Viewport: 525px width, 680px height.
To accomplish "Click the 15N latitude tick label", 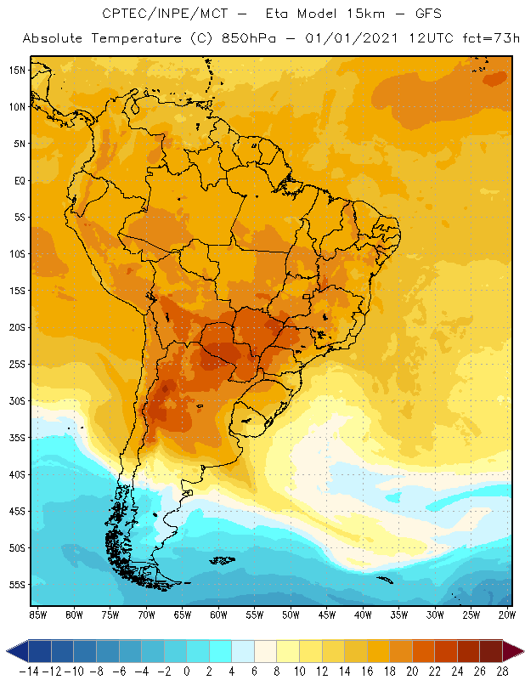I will pyautogui.click(x=17, y=70).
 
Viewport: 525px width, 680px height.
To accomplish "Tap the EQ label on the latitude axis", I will pyautogui.click(x=18, y=180).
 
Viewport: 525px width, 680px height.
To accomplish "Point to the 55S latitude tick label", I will pyautogui.click(x=17, y=585).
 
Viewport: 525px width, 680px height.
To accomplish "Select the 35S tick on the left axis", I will pyautogui.click(x=17, y=438).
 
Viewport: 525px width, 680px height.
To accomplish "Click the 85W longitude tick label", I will pyautogui.click(x=37, y=615).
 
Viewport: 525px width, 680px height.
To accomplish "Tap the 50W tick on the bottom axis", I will pyautogui.click(x=291, y=615).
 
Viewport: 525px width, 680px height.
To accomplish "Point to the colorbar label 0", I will pyautogui.click(x=186, y=671).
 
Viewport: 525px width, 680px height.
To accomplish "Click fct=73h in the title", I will pyautogui.click(x=478, y=39).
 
